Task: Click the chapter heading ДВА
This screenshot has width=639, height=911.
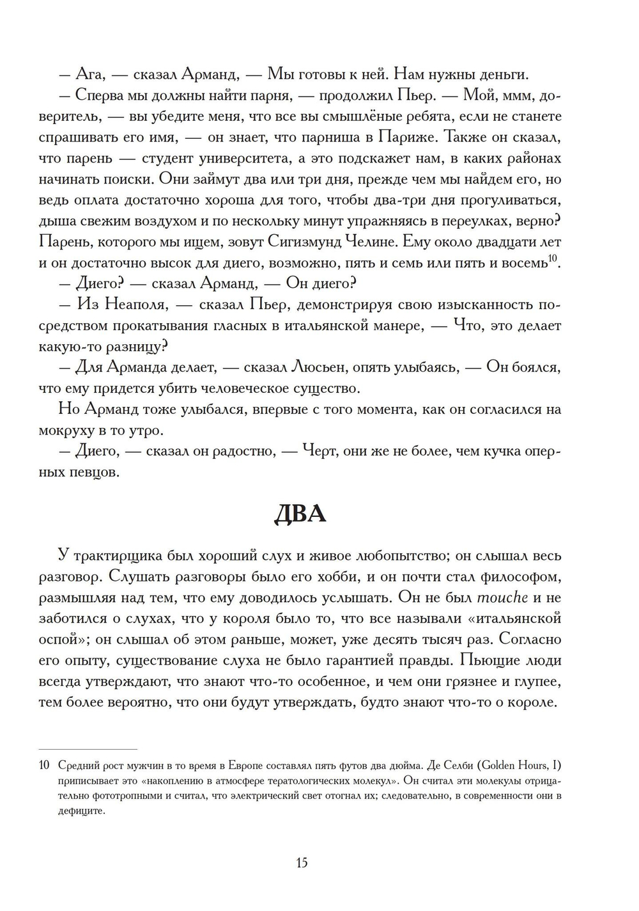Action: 300,514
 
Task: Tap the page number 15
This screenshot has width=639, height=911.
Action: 302,862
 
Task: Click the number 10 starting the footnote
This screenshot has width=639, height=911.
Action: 44,766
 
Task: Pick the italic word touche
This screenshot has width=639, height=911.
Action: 503,598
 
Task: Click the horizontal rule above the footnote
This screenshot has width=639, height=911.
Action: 88,749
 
